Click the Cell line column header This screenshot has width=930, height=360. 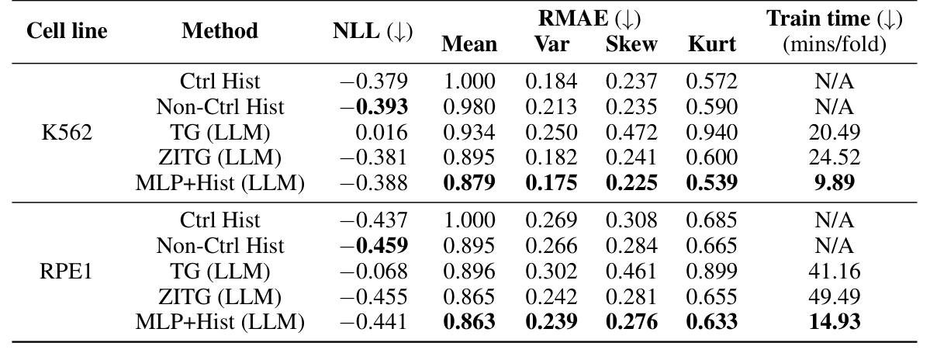(67, 31)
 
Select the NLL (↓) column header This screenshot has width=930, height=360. (372, 31)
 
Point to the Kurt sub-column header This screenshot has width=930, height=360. (711, 44)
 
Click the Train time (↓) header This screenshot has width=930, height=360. (834, 19)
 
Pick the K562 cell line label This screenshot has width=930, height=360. (67, 132)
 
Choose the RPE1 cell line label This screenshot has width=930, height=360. (67, 272)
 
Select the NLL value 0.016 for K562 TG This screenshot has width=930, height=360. (385, 132)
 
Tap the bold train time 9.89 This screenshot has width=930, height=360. (834, 183)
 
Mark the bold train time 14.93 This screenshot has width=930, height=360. (834, 322)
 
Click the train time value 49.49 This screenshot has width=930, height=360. (834, 296)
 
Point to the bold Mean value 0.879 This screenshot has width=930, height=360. (469, 183)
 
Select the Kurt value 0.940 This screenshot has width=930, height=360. (711, 132)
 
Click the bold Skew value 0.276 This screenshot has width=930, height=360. (631, 322)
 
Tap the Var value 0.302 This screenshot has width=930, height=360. (551, 272)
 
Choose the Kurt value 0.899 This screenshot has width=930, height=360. (711, 272)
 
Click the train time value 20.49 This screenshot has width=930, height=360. (834, 132)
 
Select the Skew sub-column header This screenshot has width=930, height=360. (631, 44)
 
